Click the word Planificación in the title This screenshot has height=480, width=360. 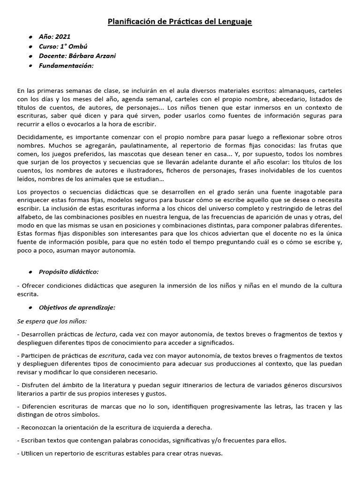click(131, 22)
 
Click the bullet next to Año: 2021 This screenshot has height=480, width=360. click(30, 37)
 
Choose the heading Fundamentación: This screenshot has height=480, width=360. click(66, 66)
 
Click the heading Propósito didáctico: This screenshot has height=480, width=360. click(69, 272)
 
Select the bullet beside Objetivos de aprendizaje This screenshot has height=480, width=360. click(30, 307)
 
